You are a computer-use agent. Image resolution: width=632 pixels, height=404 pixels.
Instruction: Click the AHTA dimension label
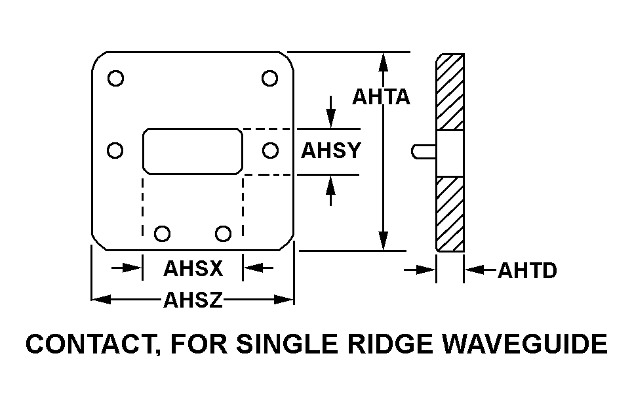(x=381, y=97)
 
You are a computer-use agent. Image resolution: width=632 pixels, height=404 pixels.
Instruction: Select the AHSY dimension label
(x=331, y=151)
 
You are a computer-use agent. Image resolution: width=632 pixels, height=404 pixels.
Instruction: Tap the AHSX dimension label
(x=193, y=268)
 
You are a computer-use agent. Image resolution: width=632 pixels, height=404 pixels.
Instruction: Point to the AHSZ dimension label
(x=193, y=300)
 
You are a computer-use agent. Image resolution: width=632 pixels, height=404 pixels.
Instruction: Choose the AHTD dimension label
(x=528, y=270)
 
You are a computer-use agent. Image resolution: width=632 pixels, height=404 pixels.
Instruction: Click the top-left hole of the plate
(x=115, y=79)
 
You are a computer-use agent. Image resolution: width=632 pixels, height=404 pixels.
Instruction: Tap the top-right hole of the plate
(x=269, y=79)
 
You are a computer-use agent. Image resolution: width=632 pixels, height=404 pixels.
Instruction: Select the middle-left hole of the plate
(x=115, y=151)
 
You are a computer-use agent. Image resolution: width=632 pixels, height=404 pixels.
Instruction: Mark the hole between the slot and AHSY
(x=270, y=151)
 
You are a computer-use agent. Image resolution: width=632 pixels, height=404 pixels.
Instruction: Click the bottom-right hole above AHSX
(x=224, y=233)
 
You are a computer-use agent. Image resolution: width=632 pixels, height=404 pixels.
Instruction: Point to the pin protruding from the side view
(x=422, y=151)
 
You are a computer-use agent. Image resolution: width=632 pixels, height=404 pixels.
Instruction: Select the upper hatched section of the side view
(x=450, y=92)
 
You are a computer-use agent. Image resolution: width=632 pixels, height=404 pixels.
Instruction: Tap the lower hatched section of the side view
(x=450, y=213)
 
